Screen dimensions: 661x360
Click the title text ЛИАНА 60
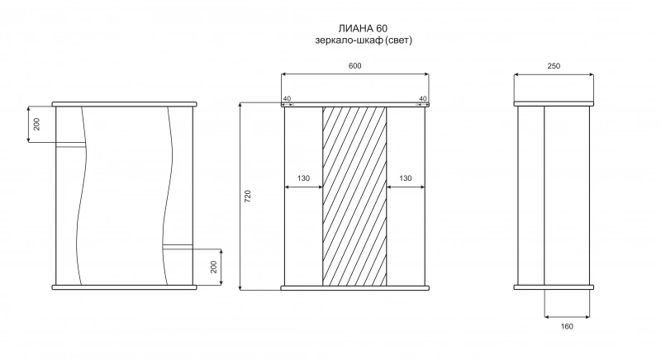[363, 28]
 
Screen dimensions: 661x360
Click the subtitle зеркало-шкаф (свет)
[364, 40]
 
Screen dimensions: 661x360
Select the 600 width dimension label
[355, 66]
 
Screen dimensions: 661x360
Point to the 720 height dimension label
[248, 197]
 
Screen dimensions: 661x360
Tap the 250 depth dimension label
[554, 66]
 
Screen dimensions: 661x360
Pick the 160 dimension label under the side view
[567, 326]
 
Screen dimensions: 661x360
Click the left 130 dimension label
[303, 178]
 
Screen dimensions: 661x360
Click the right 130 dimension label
[405, 178]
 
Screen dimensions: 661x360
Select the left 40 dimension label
[287, 98]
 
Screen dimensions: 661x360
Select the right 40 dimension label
[423, 98]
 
